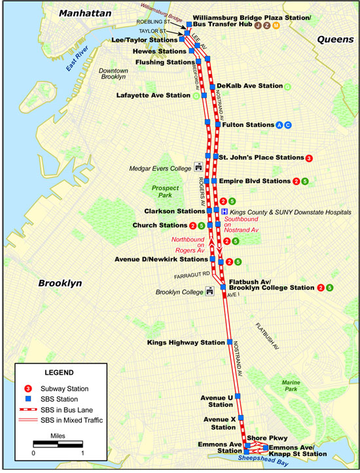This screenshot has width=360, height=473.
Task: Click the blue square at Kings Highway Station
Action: [x=230, y=342]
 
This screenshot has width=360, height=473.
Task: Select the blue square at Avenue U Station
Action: [x=238, y=396]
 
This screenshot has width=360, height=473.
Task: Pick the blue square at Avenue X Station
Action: [x=241, y=417]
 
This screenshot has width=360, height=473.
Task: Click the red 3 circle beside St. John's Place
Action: [x=309, y=158]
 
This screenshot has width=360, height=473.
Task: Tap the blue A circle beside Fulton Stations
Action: [x=279, y=124]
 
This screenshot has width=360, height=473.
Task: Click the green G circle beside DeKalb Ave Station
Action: [x=289, y=86]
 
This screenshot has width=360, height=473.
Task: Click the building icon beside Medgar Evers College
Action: [x=198, y=167]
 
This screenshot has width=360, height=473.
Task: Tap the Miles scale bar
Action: [x=58, y=444]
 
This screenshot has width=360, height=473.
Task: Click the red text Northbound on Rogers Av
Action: [x=189, y=245]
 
